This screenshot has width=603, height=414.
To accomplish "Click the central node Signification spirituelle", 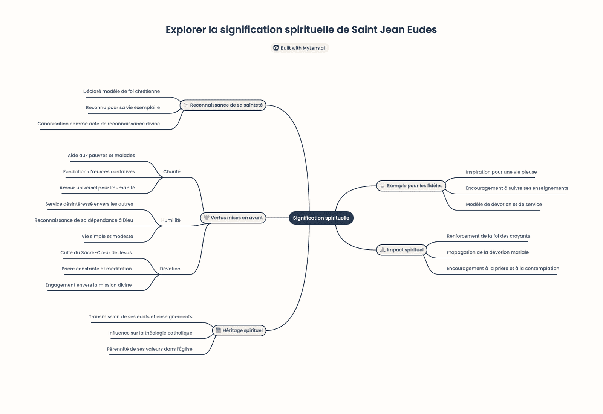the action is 321,218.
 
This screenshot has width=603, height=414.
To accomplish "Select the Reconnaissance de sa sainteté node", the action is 223,105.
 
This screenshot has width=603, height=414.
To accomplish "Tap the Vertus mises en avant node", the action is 233,218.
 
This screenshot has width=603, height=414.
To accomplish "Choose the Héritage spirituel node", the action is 239,330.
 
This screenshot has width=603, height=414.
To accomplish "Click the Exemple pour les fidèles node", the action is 411,186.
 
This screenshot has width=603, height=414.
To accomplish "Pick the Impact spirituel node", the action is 402,250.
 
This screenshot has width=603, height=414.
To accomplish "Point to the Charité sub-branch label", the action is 172,172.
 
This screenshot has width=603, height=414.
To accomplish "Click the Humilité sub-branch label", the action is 171,220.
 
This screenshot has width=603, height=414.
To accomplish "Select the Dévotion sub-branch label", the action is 170,269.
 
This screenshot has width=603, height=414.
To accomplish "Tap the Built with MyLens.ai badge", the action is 300,48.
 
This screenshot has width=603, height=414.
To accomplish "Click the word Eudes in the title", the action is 422,30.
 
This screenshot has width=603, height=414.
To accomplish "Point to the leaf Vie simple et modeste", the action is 107,237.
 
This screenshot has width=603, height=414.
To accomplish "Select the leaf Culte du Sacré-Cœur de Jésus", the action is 96,253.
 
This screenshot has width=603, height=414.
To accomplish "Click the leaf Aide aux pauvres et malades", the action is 101,156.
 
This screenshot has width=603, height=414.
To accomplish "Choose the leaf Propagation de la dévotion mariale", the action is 488,252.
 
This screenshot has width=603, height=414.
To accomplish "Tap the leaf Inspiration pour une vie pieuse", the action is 501,172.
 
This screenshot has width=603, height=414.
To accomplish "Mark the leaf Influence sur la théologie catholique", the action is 150,333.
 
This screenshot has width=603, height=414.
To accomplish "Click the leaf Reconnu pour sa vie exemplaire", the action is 123,108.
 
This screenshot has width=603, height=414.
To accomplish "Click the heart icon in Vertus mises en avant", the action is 207,218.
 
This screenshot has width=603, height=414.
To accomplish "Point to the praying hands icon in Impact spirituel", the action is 383,250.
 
